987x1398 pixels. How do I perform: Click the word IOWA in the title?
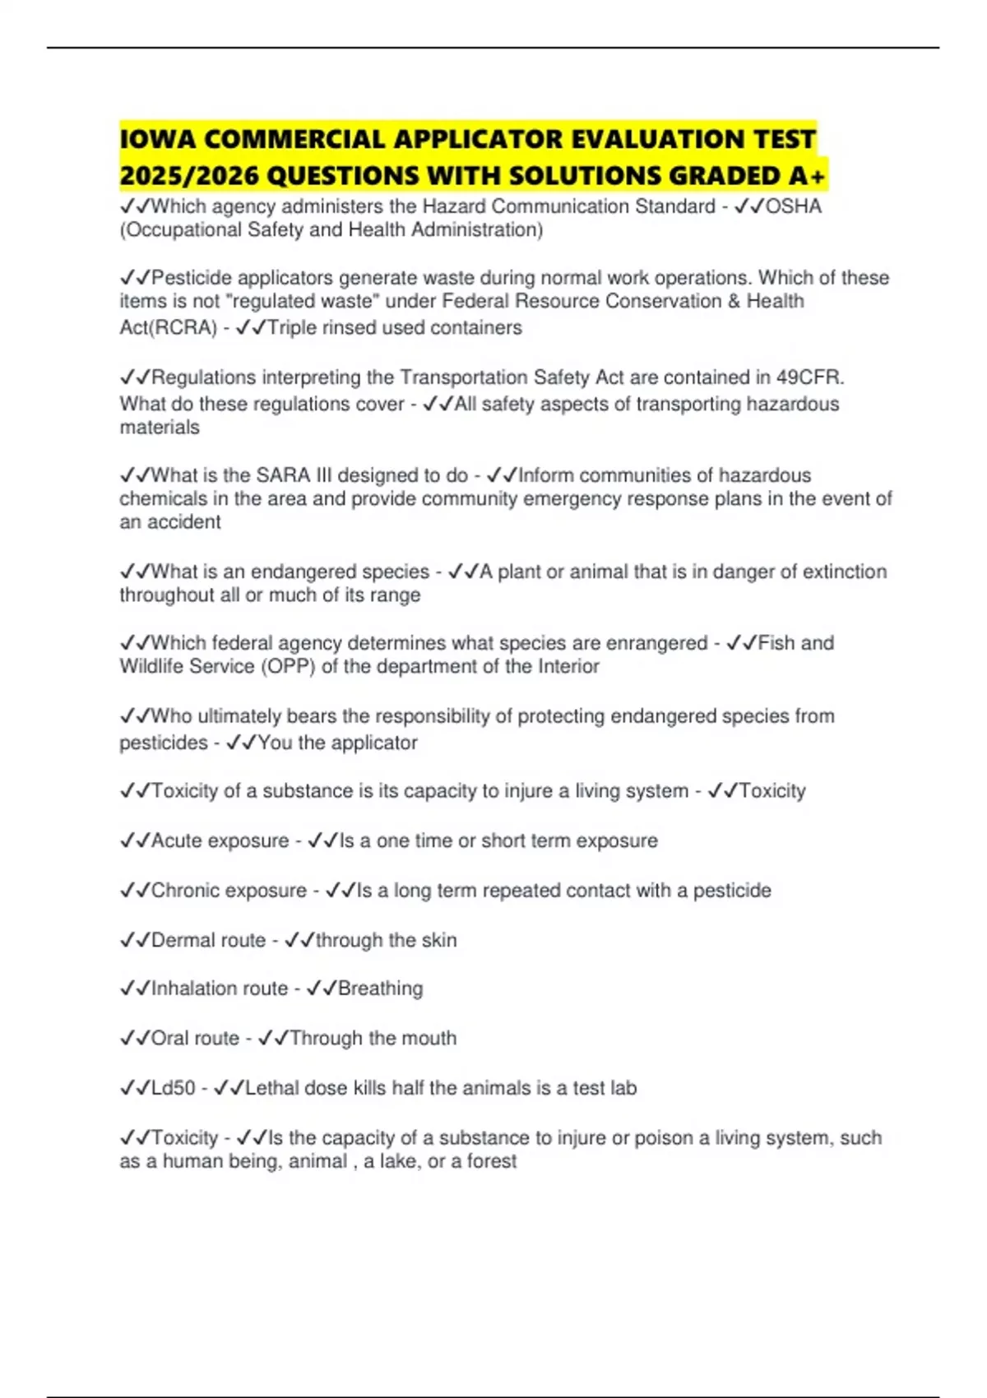[x=157, y=139]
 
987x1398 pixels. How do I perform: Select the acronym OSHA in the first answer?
[x=794, y=206]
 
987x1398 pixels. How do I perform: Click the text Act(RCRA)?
[x=169, y=328]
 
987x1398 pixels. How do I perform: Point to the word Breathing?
[x=380, y=988]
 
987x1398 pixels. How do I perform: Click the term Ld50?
[x=174, y=1088]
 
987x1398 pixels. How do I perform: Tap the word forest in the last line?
[x=492, y=1161]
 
